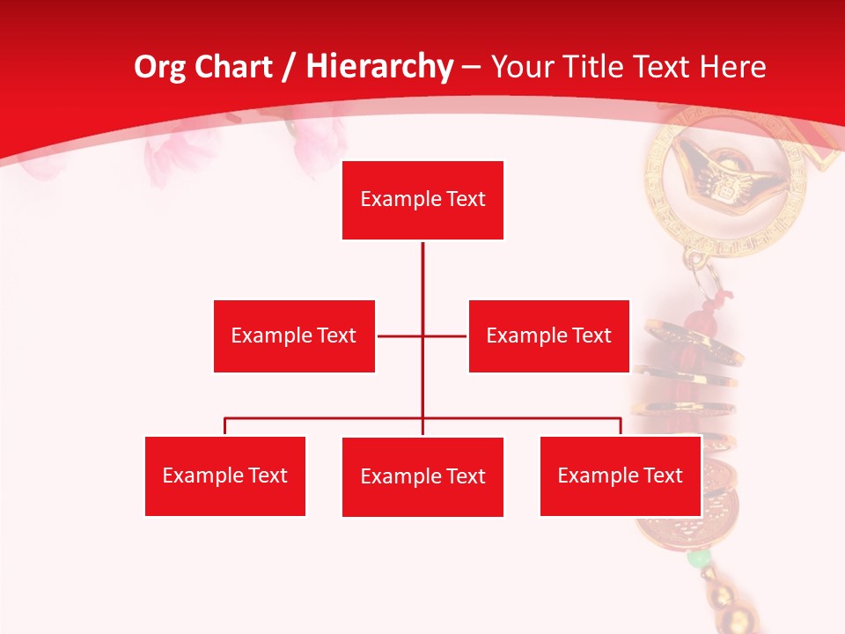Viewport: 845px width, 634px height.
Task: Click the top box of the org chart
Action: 422,200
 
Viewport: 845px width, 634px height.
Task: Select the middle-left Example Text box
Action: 294,335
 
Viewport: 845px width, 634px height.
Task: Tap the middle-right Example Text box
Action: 548,335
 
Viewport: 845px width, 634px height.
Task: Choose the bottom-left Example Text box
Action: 225,475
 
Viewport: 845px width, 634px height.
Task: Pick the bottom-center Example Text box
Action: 422,476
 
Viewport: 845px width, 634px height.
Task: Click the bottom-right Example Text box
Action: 620,475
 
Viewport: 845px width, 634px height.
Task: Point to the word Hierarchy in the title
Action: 378,67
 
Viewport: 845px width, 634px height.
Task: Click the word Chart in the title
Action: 236,67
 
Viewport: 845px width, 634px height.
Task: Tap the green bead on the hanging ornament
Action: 699,558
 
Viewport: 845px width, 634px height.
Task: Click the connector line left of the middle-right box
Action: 446,335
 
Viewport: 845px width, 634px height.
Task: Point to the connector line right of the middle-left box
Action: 399,335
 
